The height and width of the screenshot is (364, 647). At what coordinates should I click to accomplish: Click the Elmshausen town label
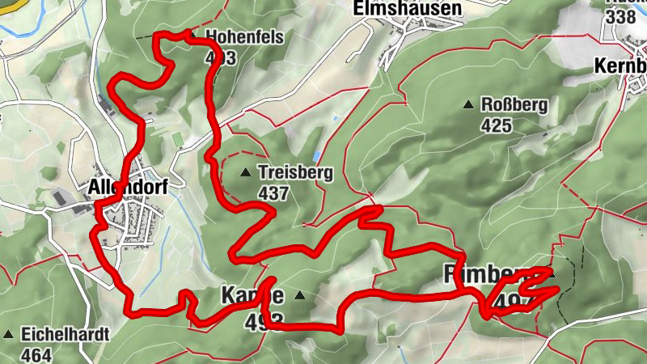point(407,9)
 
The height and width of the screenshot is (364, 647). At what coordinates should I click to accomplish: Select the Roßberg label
point(514,105)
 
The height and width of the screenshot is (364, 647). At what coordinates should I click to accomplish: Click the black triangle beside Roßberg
point(467,104)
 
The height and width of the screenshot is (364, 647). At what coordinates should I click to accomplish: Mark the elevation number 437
point(273,193)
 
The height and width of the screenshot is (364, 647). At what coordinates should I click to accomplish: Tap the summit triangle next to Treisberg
point(245,171)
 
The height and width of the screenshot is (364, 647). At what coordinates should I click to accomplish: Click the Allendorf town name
point(127,188)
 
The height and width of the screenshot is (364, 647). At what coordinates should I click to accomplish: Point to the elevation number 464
point(37,353)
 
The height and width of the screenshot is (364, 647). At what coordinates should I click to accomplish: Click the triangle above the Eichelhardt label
point(9,333)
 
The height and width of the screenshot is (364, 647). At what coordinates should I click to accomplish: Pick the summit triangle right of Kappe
point(300,295)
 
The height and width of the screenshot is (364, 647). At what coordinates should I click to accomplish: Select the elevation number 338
point(621,16)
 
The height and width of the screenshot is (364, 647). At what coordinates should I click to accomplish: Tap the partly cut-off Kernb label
point(621,65)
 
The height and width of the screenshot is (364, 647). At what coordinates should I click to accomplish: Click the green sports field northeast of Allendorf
point(178,138)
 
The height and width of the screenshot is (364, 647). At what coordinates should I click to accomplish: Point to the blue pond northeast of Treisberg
point(318,154)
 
